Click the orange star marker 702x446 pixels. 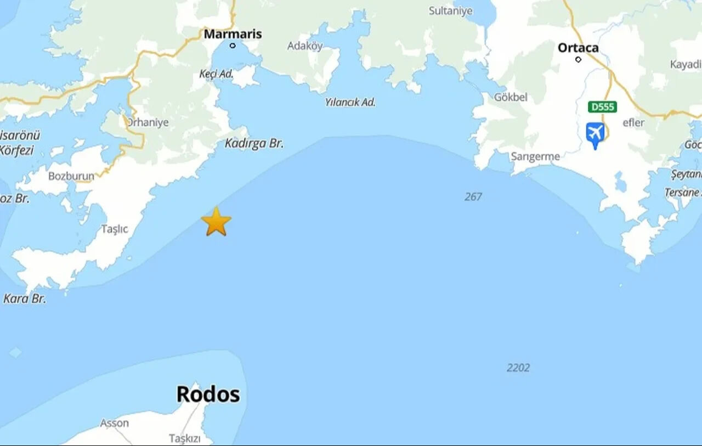(x=216, y=222)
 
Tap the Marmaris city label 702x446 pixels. (x=233, y=34)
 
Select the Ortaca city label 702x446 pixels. (x=578, y=48)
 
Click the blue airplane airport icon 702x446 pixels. (x=595, y=134)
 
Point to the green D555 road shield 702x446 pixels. (x=602, y=106)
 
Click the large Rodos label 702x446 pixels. (x=208, y=394)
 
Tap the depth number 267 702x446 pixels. (x=473, y=196)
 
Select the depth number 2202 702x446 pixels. (x=518, y=368)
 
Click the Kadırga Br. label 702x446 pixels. (x=254, y=144)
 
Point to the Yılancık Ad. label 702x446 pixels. (x=350, y=102)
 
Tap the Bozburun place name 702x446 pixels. (x=71, y=176)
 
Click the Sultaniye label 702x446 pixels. (x=450, y=11)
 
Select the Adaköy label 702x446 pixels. (x=305, y=46)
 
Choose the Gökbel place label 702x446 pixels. (x=511, y=97)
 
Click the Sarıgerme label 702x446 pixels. (x=535, y=157)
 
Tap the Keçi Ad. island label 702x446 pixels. (x=216, y=74)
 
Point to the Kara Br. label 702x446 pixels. (x=25, y=299)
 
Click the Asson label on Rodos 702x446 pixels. (x=114, y=423)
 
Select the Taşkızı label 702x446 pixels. (x=184, y=438)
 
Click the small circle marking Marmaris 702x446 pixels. (x=233, y=46)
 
